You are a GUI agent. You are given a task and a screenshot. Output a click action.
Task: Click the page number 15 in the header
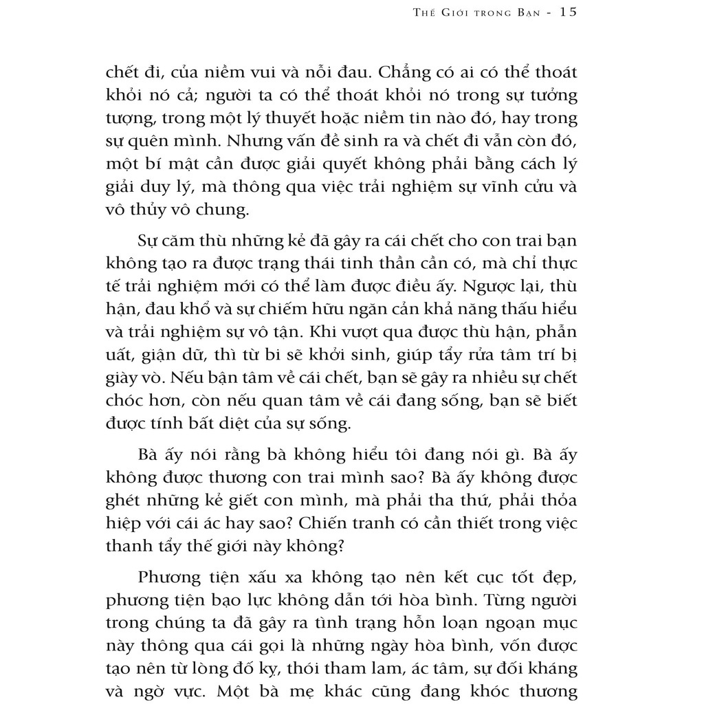(x=564, y=12)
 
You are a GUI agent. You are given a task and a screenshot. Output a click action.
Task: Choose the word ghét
(x=126, y=500)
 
